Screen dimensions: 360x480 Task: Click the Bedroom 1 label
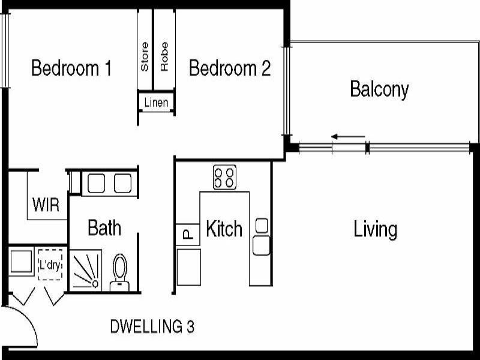pyautogui.click(x=71, y=68)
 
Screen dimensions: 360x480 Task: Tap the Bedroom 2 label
pyautogui.click(x=230, y=68)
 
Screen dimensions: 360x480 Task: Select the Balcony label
pyautogui.click(x=379, y=89)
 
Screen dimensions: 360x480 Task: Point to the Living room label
pyautogui.click(x=375, y=229)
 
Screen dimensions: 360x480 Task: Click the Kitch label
pyautogui.click(x=224, y=229)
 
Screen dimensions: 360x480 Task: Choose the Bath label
pyautogui.click(x=104, y=228)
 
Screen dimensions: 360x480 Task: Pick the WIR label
pyautogui.click(x=46, y=205)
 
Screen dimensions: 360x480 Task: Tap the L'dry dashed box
pyautogui.click(x=50, y=264)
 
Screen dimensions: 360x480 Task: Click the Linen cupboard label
pyautogui.click(x=156, y=103)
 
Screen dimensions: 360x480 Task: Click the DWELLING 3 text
pyautogui.click(x=152, y=327)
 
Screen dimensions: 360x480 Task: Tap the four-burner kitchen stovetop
pyautogui.click(x=224, y=178)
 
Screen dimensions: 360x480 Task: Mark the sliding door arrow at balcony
pyautogui.click(x=348, y=137)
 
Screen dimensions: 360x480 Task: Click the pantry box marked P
pyautogui.click(x=187, y=234)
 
